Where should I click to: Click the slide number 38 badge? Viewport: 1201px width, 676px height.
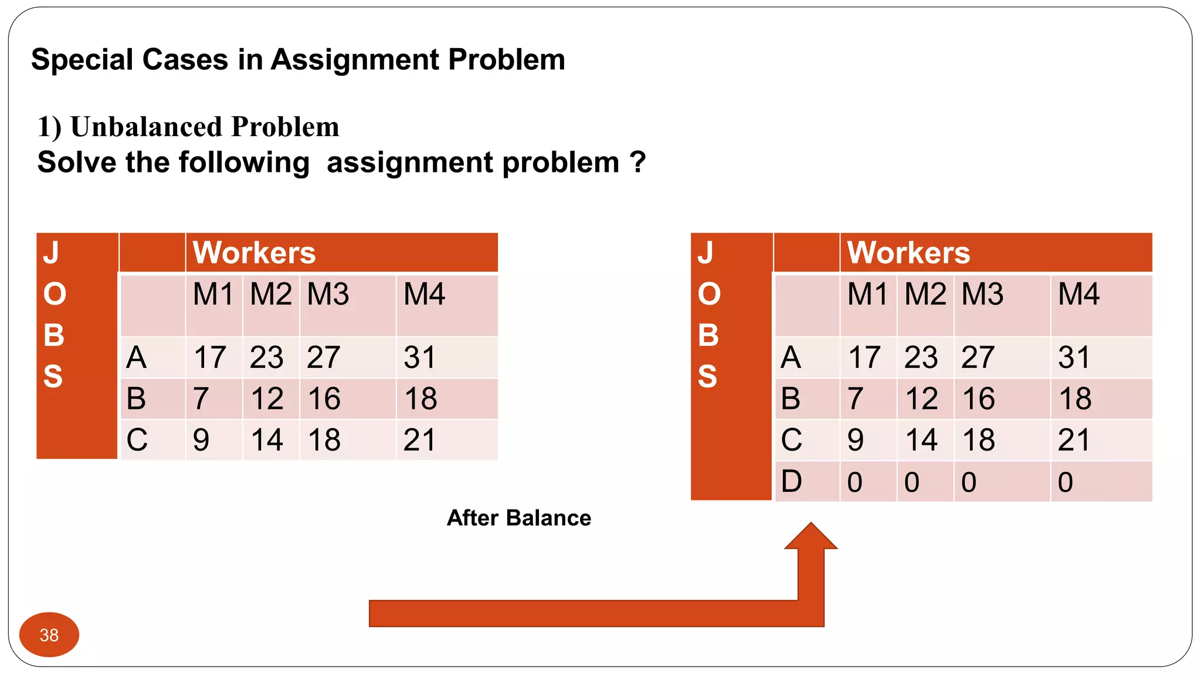tap(49, 635)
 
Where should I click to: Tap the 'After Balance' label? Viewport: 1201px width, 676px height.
tap(519, 518)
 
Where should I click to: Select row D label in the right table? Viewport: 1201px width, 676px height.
tap(791, 482)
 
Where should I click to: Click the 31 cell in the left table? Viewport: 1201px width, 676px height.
tap(420, 357)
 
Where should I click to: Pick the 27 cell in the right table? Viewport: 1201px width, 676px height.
tap(978, 357)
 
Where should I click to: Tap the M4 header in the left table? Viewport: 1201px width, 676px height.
tap(425, 294)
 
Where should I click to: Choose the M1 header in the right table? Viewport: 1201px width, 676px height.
tap(868, 294)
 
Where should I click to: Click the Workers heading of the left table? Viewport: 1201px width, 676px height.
tap(255, 253)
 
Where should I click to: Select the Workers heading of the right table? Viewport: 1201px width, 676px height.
tap(909, 253)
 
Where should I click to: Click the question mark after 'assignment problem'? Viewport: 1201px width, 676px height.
tap(638, 163)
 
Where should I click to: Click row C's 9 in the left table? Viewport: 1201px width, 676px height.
tap(201, 440)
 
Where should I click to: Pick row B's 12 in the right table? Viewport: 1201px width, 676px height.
tap(922, 399)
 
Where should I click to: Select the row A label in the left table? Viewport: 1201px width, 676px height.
tap(137, 357)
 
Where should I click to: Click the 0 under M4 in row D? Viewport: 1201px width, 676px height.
tap(1066, 482)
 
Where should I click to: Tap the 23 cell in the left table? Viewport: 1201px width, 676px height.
tap(267, 357)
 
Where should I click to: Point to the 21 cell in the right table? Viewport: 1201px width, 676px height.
tap(1074, 440)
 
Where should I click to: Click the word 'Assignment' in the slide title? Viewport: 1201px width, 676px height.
tap(355, 60)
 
